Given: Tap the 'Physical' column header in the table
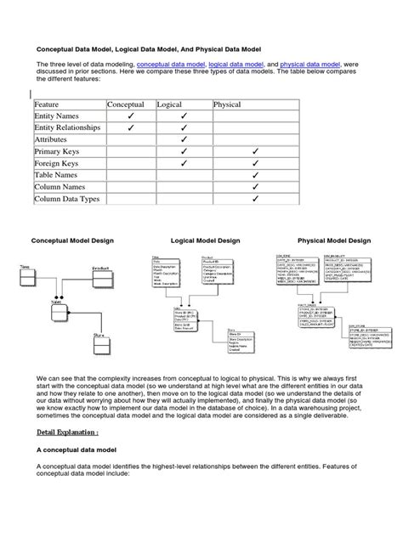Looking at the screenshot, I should (x=228, y=104).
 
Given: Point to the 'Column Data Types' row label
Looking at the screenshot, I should (x=68, y=201).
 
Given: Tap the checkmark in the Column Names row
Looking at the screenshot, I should (x=254, y=188).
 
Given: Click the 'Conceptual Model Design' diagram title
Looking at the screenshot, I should (x=72, y=241).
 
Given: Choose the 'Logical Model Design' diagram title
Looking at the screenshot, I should (x=205, y=241).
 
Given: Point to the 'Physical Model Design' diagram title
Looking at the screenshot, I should (x=333, y=241).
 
